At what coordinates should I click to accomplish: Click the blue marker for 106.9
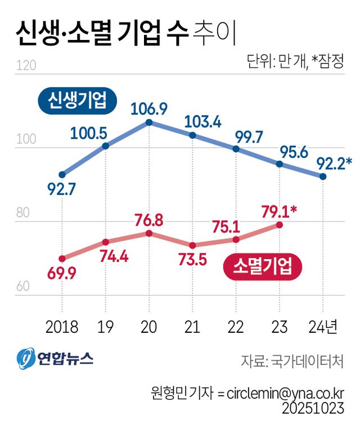148,122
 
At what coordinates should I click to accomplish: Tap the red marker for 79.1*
279,225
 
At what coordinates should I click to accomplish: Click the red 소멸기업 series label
263,266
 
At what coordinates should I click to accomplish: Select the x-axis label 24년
323,327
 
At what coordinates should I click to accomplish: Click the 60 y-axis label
23,286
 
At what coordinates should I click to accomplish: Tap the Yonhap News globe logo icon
25,358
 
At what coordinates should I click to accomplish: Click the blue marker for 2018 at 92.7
62,175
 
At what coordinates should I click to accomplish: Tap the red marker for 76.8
148,233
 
